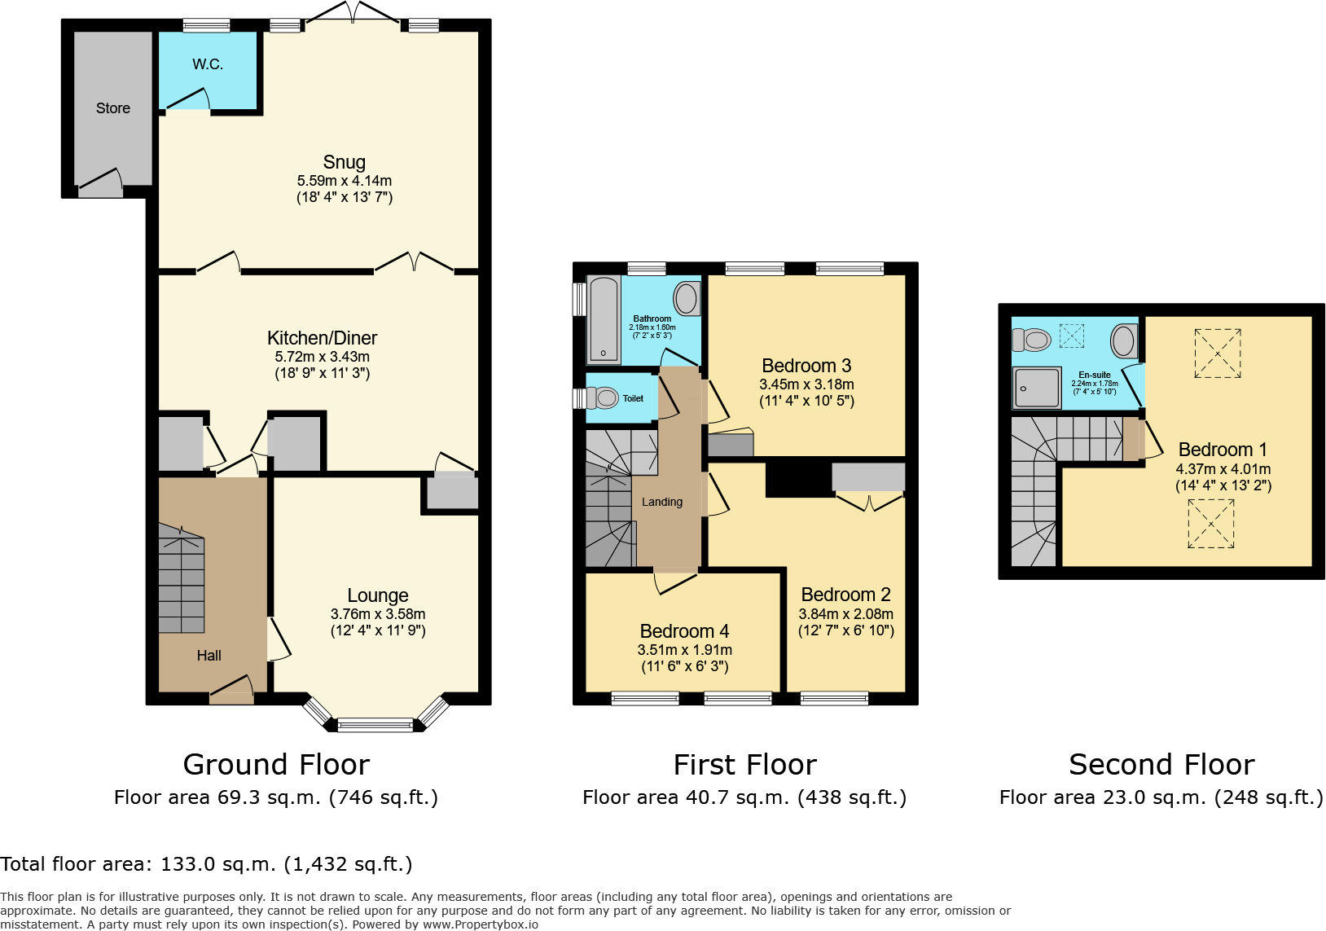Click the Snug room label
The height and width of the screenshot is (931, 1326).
coord(344,162)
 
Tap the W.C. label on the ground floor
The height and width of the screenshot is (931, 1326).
coord(208,64)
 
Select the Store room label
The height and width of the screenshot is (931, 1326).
coord(112,108)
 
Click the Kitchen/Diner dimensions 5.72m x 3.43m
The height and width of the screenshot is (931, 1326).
coord(322,357)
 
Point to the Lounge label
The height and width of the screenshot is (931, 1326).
coord(377,595)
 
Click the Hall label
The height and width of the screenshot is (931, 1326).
coord(209,656)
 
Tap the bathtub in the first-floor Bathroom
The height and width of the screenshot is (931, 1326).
coord(603,320)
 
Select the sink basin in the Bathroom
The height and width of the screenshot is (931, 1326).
coord(687,298)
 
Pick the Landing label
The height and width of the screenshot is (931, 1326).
coord(661,502)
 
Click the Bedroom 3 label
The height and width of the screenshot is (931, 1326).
coord(806,366)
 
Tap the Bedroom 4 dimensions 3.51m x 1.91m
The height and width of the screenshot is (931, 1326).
coord(684,650)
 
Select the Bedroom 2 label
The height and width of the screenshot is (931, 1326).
coord(845,595)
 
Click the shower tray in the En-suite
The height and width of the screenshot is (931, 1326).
coord(1036,387)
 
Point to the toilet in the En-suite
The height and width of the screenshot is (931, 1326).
coord(1033,340)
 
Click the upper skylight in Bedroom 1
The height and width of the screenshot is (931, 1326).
coord(1217,354)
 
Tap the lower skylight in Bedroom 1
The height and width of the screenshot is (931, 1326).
coord(1210,523)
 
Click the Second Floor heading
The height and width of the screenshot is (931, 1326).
coord(1161,765)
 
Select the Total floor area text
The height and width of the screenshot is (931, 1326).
coord(206,864)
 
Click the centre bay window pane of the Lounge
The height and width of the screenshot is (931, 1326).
coord(375,724)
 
